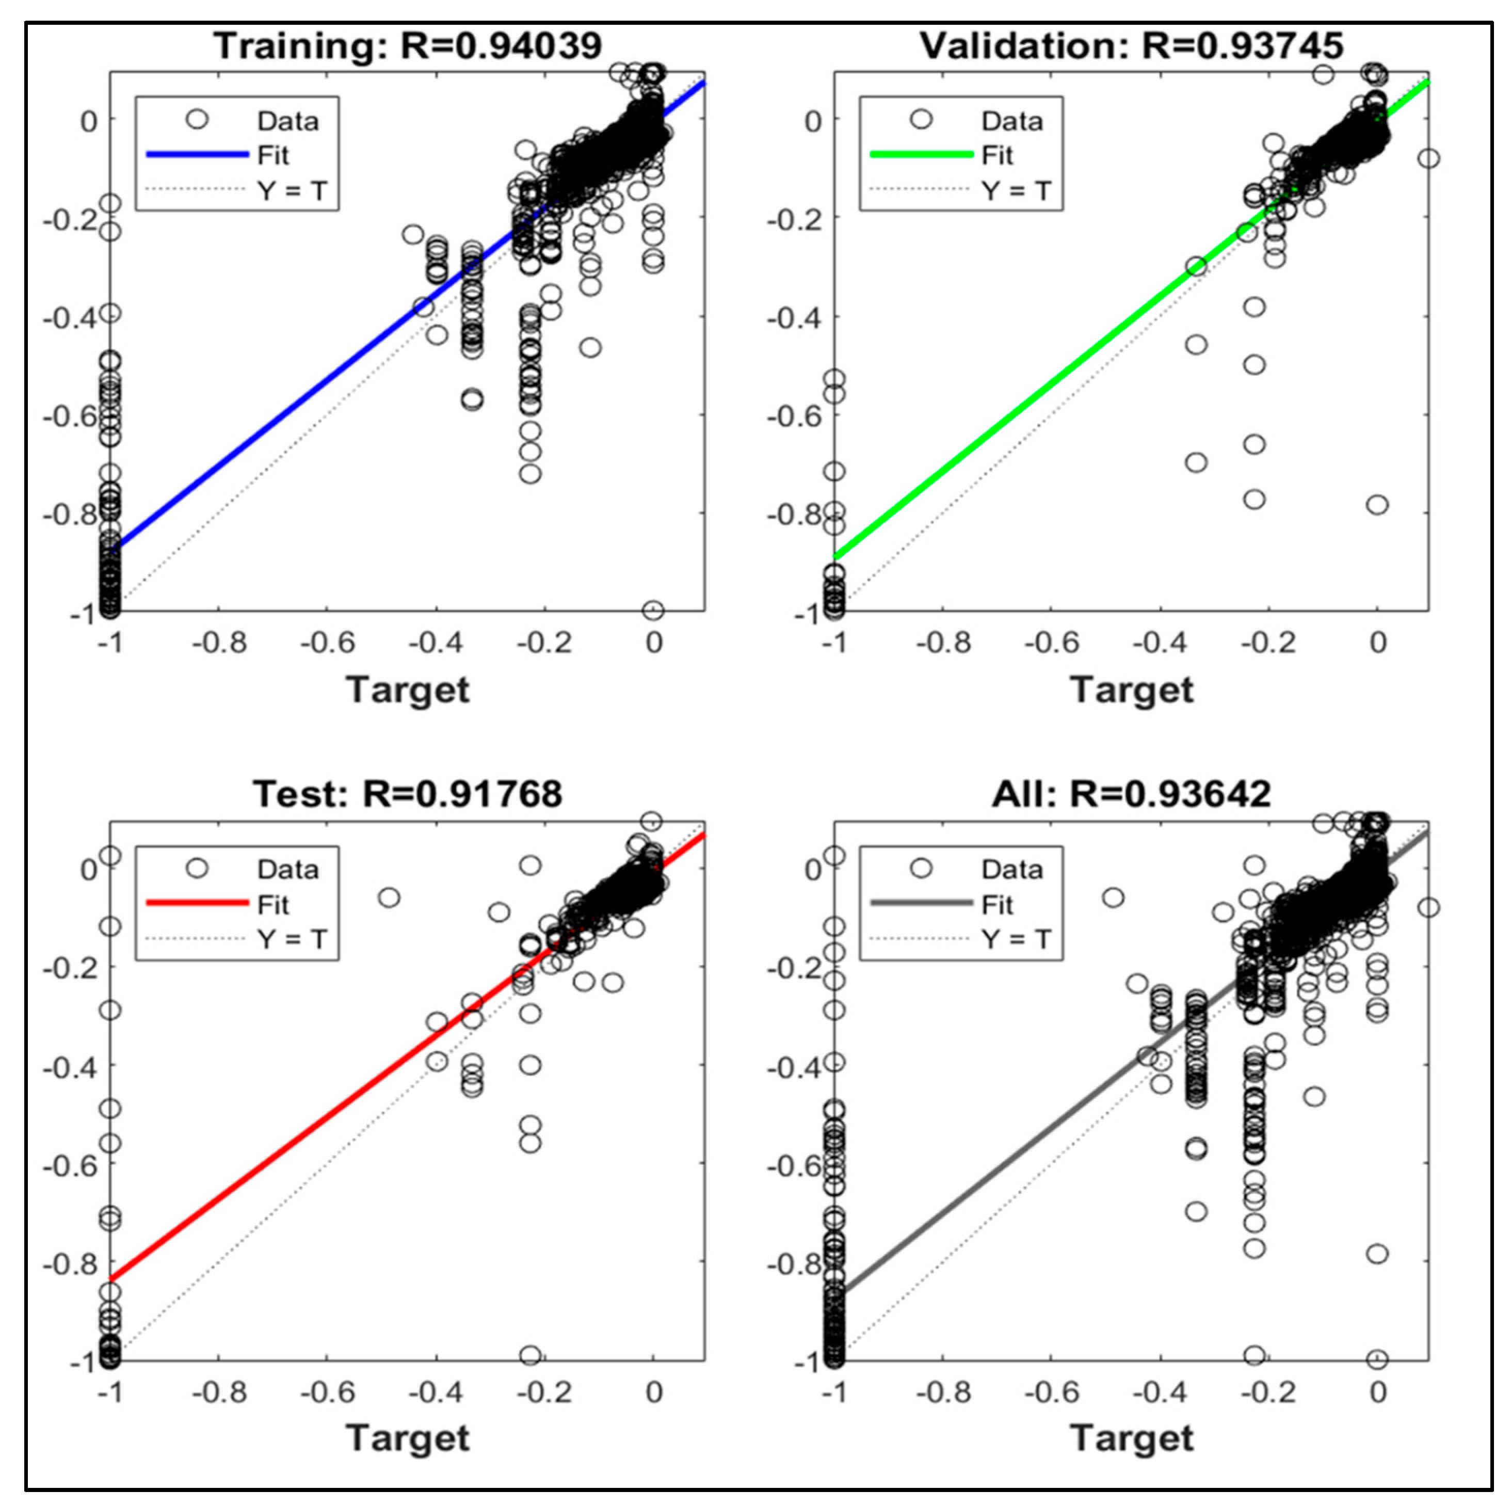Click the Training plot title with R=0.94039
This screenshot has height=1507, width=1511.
click(x=408, y=45)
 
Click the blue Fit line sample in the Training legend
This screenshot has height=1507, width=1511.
click(x=197, y=155)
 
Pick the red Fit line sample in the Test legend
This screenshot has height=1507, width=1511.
click(x=197, y=903)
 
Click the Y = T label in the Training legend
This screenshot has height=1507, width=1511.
click(x=292, y=190)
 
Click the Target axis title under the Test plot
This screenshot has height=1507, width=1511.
click(x=408, y=1437)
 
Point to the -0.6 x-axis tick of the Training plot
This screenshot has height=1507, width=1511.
click(x=328, y=643)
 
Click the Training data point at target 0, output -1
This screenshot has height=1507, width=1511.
click(x=653, y=609)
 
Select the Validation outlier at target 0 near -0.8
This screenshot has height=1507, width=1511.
click(x=1377, y=504)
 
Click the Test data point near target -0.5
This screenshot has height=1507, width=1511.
click(x=389, y=897)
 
